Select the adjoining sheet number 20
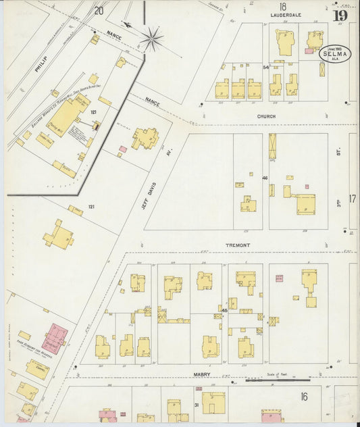point(99,10)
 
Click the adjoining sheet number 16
point(304,397)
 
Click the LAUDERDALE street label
point(285,14)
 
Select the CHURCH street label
point(265,116)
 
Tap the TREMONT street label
point(238,245)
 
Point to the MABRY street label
point(201,374)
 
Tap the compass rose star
point(151,38)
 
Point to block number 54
point(265,68)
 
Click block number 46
point(265,178)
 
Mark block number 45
point(224,310)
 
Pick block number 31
point(196,405)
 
